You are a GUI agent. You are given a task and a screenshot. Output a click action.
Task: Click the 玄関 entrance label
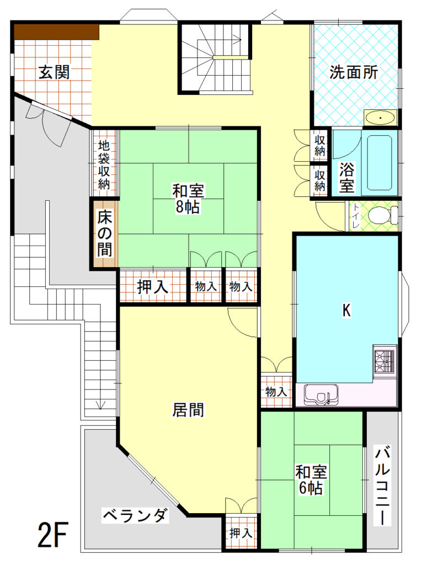[54, 72]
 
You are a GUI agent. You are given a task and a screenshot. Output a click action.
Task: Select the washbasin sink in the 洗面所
[381, 118]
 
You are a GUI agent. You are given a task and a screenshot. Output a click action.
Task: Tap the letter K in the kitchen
[346, 311]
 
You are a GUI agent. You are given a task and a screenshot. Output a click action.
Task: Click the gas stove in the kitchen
[385, 361]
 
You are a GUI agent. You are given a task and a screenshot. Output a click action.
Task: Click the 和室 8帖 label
[188, 199]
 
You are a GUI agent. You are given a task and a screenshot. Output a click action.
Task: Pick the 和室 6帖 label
[311, 480]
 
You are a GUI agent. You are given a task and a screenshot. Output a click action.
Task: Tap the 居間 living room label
[188, 409]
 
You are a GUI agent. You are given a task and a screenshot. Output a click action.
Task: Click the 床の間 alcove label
[105, 233]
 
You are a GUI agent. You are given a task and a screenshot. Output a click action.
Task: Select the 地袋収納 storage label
[104, 165]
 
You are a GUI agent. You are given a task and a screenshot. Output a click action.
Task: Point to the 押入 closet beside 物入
[153, 287]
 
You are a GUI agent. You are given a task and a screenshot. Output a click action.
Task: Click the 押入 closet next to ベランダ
[241, 533]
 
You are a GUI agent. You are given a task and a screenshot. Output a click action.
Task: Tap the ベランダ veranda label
[135, 516]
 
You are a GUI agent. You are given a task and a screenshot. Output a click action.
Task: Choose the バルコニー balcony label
[382, 486]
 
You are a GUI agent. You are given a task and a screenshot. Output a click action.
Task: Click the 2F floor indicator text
[53, 534]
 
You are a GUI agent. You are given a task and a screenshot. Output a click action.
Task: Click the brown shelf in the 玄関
[56, 32]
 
